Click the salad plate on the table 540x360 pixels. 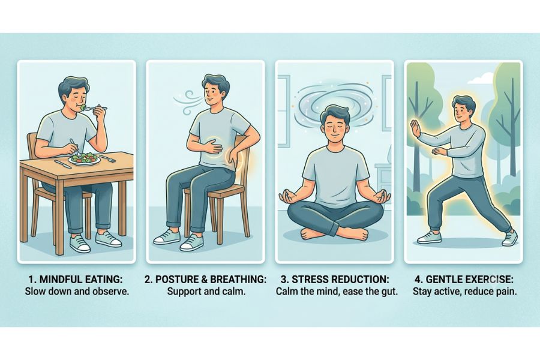85,159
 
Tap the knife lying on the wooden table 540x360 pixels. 63,164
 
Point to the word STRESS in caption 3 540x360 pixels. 308,279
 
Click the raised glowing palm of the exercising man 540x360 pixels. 415,129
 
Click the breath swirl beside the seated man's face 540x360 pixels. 189,102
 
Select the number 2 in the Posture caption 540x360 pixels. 148,279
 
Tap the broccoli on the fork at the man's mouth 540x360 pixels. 83,108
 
